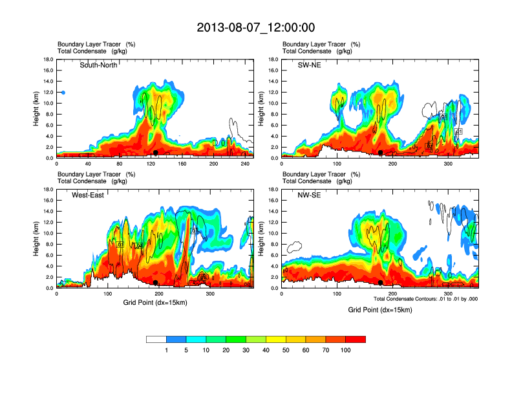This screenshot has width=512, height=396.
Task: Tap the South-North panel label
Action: point(98,65)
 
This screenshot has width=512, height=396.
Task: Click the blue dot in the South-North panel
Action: point(63,93)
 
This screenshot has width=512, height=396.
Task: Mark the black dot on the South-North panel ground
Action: point(155,153)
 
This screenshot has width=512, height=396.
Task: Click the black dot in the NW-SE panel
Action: point(381,283)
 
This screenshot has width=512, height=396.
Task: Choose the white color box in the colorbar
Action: point(156,339)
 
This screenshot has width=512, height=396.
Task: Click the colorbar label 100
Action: point(346,350)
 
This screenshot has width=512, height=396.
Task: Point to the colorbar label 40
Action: point(266,350)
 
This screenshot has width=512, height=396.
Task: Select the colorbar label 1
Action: point(166,350)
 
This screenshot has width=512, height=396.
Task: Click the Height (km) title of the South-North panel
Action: point(37,109)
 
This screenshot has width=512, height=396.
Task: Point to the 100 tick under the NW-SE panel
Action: point(337,294)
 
